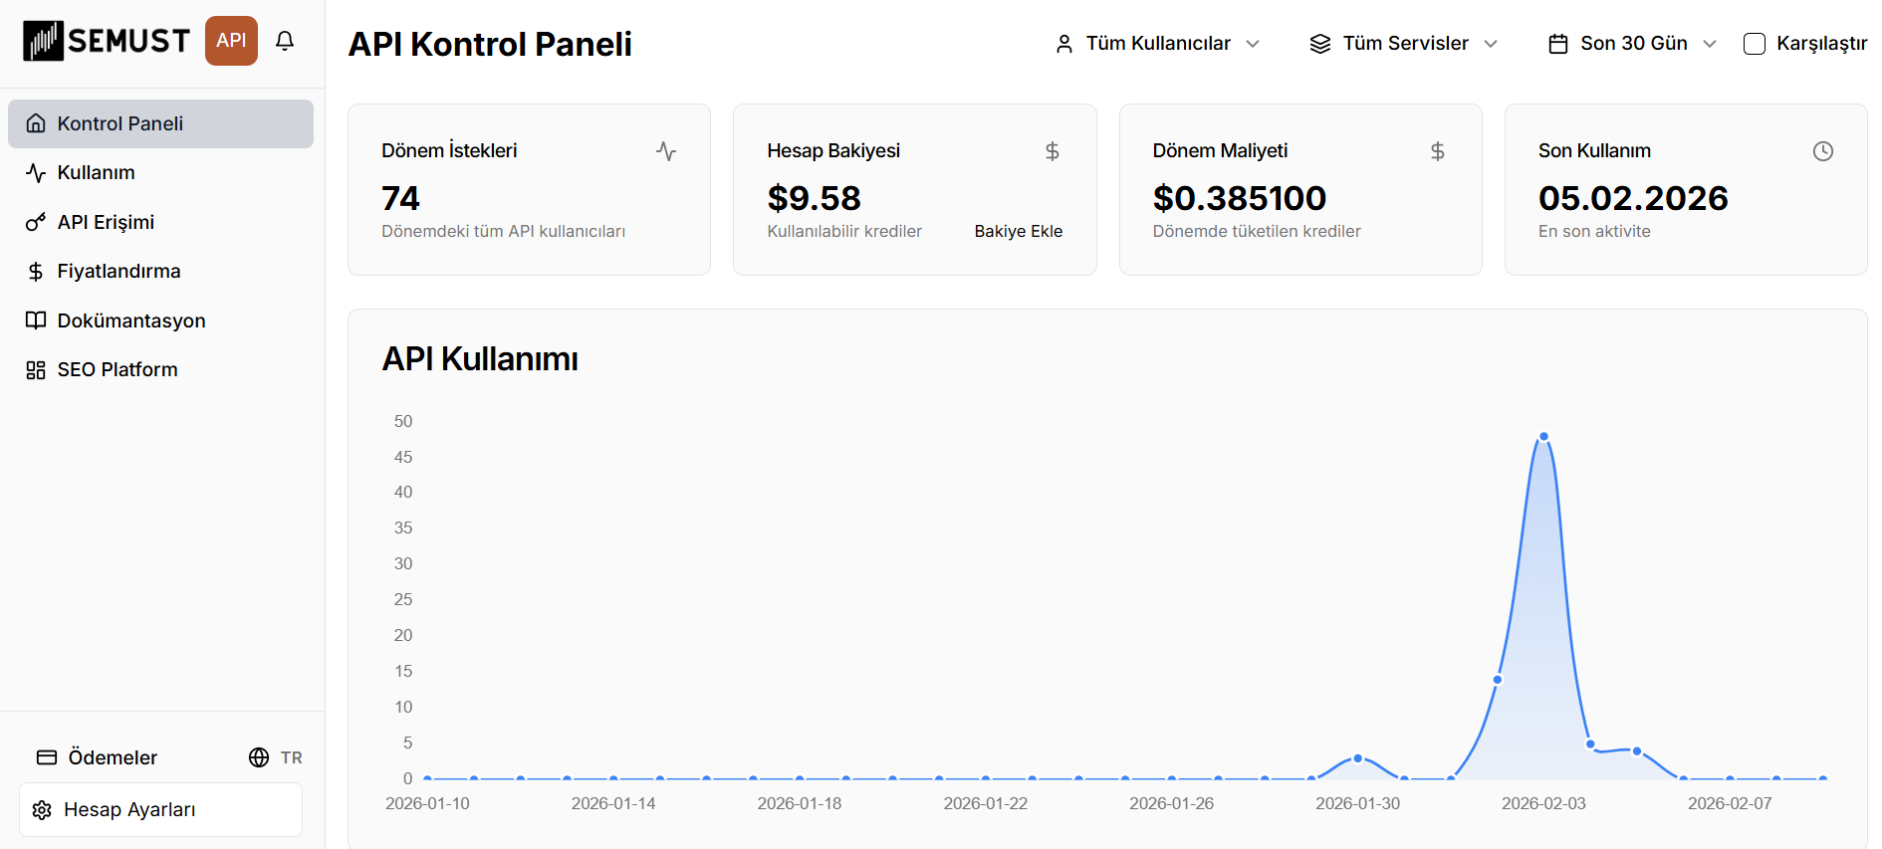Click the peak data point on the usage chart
pyautogui.click(x=1543, y=437)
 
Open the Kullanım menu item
pyautogui.click(x=96, y=173)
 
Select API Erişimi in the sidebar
pyautogui.click(x=106, y=222)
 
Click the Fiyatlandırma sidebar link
pyautogui.click(x=118, y=272)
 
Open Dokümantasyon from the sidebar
pyautogui.click(x=130, y=320)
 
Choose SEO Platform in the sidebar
pyautogui.click(x=117, y=370)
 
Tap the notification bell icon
pyautogui.click(x=285, y=41)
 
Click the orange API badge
pyautogui.click(x=231, y=41)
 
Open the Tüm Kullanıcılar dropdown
pyautogui.click(x=1158, y=44)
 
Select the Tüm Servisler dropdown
pyautogui.click(x=1404, y=44)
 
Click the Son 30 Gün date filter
pyautogui.click(x=1633, y=44)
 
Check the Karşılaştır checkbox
pyautogui.click(x=1755, y=44)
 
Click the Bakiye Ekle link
pyautogui.click(x=1018, y=231)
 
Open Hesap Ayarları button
pyautogui.click(x=160, y=809)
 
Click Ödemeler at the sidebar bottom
pyautogui.click(x=112, y=757)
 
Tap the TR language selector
pyautogui.click(x=276, y=757)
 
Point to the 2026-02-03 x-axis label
pyautogui.click(x=1543, y=803)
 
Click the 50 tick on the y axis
pyautogui.click(x=403, y=422)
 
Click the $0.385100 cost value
pyautogui.click(x=1239, y=198)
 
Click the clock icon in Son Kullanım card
pyautogui.click(x=1822, y=151)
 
